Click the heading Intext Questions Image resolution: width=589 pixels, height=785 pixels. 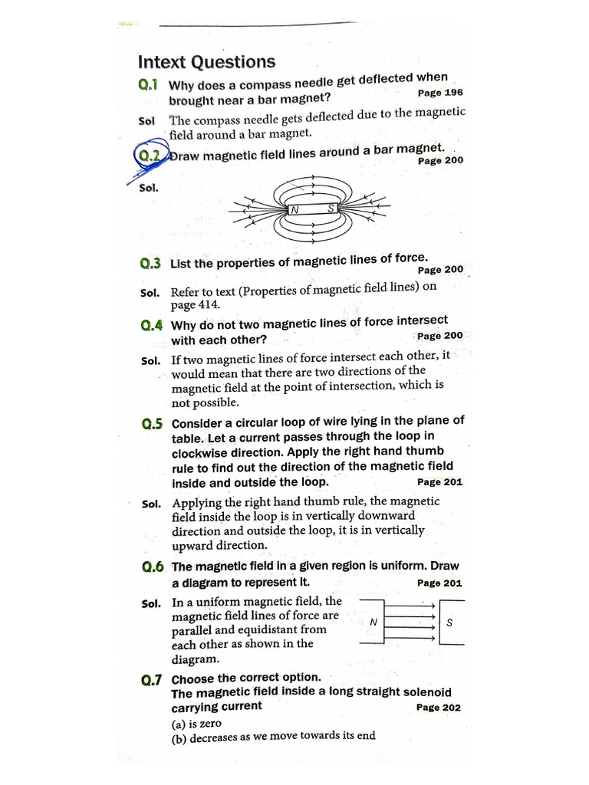pos(206,62)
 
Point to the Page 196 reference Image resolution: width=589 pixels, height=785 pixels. pos(440,92)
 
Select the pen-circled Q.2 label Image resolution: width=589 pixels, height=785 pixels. pos(149,156)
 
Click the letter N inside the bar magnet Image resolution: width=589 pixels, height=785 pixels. pos(294,209)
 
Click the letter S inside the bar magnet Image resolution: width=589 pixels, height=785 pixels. pos(331,208)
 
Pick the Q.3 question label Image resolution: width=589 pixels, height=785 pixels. pos(150,264)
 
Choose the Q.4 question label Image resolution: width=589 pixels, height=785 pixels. pos(152,325)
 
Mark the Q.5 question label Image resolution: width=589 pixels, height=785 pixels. pos(153,423)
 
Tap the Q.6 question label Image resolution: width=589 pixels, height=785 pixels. pos(153,567)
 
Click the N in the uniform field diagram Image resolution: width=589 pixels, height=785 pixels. pos(373,622)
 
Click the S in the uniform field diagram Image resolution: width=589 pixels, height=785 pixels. pos(449,622)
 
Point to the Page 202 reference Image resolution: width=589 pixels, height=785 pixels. pos(439,708)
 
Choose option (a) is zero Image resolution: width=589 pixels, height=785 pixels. pos(196,722)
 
